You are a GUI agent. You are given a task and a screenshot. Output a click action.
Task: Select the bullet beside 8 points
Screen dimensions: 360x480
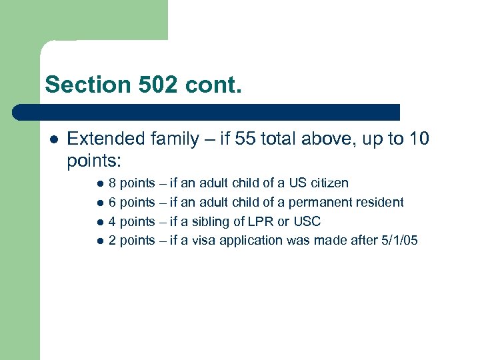[99, 183]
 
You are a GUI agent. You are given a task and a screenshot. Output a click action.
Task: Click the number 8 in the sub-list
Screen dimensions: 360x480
[113, 183]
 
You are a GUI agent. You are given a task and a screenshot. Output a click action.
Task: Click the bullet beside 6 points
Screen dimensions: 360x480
[99, 203]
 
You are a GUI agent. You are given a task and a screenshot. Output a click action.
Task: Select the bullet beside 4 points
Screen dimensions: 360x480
[99, 222]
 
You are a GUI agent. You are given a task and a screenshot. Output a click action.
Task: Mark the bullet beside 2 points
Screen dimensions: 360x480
[99, 241]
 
